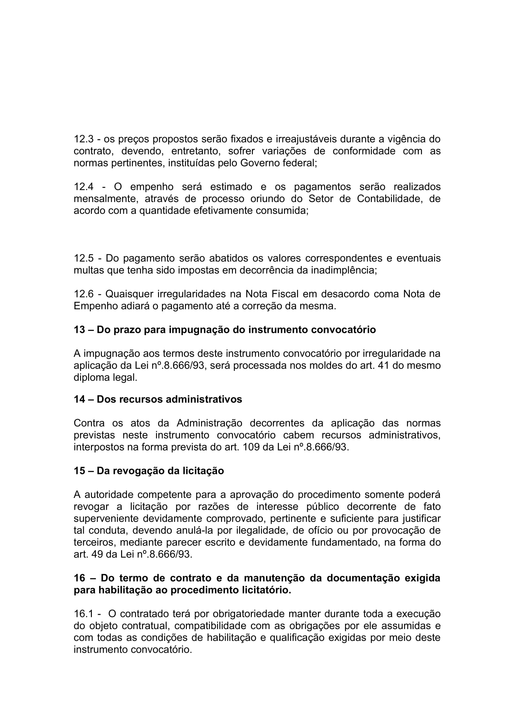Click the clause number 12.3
point(83,139)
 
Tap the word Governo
point(260,163)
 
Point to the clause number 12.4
point(83,187)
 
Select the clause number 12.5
point(83,258)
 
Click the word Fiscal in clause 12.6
point(285,294)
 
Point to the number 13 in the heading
point(79,330)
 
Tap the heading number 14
point(79,399)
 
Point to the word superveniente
point(107,519)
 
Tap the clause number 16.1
point(83,614)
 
